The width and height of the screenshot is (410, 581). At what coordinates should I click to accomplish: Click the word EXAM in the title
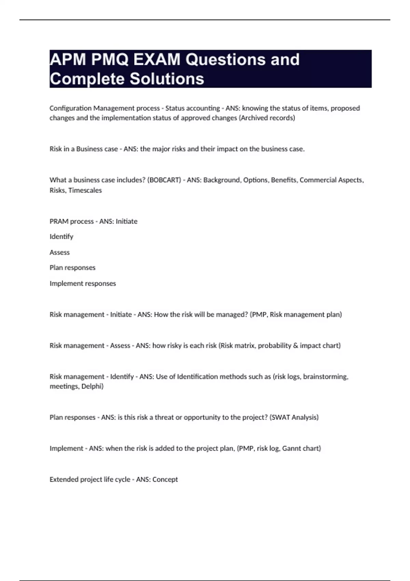tap(157, 59)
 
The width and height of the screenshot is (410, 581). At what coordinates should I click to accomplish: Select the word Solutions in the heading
tap(167, 79)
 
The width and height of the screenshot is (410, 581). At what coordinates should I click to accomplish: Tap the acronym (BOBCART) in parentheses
tap(164, 180)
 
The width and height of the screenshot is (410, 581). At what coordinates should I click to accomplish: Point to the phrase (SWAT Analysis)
tap(294, 417)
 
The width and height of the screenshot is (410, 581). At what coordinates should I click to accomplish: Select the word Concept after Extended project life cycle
tap(165, 479)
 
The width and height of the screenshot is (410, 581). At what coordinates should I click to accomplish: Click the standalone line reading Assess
tap(59, 253)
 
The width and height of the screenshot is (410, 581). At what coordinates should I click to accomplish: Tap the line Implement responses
tap(83, 284)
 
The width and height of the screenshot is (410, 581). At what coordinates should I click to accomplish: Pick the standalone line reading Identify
tap(61, 237)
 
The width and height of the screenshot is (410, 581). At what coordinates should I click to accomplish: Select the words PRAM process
tap(71, 221)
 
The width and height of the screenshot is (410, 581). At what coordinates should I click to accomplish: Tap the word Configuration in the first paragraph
tap(70, 108)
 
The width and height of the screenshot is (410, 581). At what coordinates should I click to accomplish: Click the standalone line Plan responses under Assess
tap(72, 268)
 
